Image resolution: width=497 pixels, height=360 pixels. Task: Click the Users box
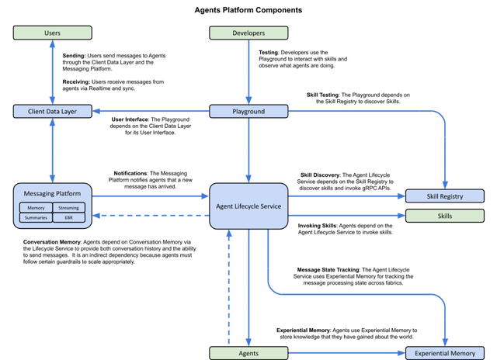(53, 33)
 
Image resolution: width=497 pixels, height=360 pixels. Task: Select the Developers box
(248, 33)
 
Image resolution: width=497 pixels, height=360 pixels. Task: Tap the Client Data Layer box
(53, 112)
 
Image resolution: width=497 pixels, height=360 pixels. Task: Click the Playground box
(248, 112)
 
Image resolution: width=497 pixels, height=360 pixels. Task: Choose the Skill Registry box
(445, 196)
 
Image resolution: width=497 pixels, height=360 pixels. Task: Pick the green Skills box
(445, 216)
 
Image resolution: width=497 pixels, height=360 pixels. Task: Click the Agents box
(248, 353)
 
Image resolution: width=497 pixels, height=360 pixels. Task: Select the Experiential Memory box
(445, 353)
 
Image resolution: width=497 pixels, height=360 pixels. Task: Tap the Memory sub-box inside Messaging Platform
(36, 208)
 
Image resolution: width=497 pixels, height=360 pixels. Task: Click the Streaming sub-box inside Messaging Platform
(69, 208)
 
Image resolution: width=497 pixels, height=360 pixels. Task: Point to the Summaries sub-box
(36, 217)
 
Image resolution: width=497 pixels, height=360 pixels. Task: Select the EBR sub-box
(69, 217)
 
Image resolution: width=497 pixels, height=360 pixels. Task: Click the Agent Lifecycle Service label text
(248, 206)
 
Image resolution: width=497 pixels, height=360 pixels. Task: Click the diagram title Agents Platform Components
(248, 10)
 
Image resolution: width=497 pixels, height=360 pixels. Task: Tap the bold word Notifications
(130, 173)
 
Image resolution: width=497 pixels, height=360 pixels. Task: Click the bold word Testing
(268, 52)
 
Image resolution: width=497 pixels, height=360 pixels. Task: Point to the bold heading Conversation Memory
(52, 242)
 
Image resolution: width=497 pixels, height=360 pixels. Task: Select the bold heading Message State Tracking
(328, 270)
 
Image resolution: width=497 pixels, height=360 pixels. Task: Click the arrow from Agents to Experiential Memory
(347, 353)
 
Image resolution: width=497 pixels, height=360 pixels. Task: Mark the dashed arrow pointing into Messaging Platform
(151, 216)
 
